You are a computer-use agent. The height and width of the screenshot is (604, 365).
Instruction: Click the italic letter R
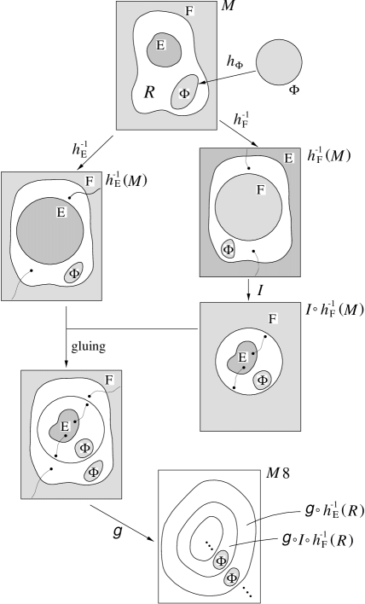coord(149,91)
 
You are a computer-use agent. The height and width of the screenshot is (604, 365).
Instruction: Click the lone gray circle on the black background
coord(279,63)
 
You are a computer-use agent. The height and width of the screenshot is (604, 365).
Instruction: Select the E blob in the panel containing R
coord(160,49)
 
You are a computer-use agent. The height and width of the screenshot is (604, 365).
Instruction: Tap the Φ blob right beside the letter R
coord(184,91)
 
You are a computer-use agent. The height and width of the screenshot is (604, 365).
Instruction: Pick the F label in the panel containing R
coord(189,10)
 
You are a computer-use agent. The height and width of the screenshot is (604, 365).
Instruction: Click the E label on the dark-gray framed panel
coord(289,159)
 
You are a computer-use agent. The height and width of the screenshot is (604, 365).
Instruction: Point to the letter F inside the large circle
coord(261,190)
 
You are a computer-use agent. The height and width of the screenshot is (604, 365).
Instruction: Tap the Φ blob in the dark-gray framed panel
coord(229,249)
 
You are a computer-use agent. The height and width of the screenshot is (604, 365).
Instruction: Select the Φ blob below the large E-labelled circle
coord(74,273)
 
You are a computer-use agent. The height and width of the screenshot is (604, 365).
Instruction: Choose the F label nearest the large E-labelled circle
coord(90,182)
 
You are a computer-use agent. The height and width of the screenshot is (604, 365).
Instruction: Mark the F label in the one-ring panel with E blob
coord(273,319)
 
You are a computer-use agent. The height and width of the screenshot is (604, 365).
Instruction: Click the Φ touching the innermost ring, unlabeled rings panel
coord(221,560)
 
